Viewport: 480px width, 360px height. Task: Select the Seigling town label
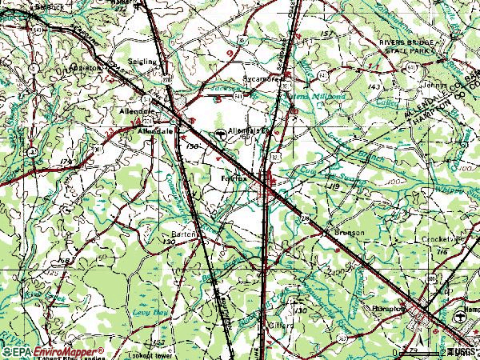[x=144, y=61]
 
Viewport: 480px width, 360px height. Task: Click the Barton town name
[x=184, y=234]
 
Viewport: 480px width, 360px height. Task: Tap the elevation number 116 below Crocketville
[x=442, y=251]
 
